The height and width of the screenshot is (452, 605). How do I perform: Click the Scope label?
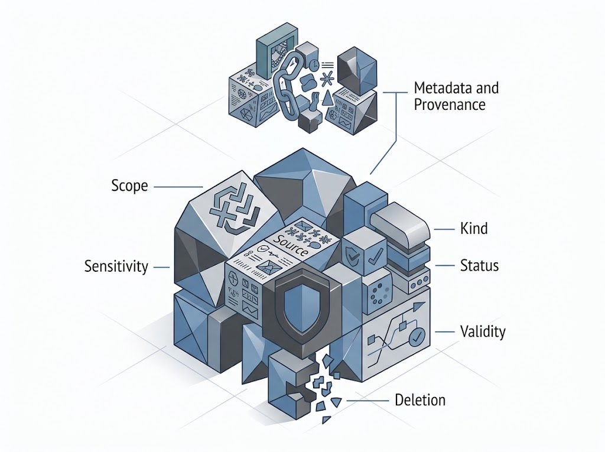pos(129,186)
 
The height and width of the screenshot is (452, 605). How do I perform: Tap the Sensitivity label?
pos(116,266)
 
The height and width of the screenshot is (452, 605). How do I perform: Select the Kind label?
pos(474,229)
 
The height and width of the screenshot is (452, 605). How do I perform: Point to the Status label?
pos(479,265)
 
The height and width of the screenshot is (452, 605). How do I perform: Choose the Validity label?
pos(483,332)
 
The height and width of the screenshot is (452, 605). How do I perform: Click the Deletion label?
pos(420,400)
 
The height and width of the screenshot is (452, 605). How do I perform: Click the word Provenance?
pos(450,105)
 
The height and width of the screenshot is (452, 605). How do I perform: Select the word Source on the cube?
pos(290,245)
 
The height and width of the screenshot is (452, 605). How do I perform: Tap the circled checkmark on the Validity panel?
pos(417,337)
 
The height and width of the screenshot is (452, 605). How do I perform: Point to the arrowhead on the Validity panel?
pos(417,307)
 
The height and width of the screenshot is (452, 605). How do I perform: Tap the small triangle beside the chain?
pos(327,98)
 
